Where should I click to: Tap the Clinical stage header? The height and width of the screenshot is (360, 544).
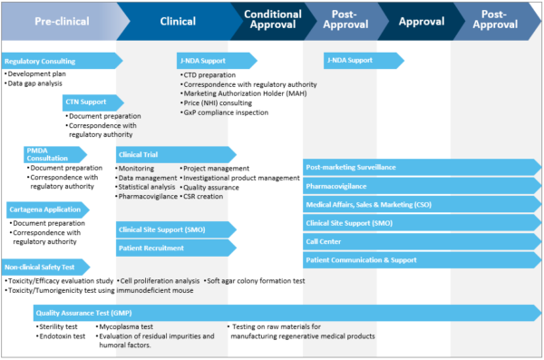point(177,20)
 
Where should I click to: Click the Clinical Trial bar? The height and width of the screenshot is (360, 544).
point(172,154)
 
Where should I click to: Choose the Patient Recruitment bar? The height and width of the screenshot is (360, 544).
point(172,248)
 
